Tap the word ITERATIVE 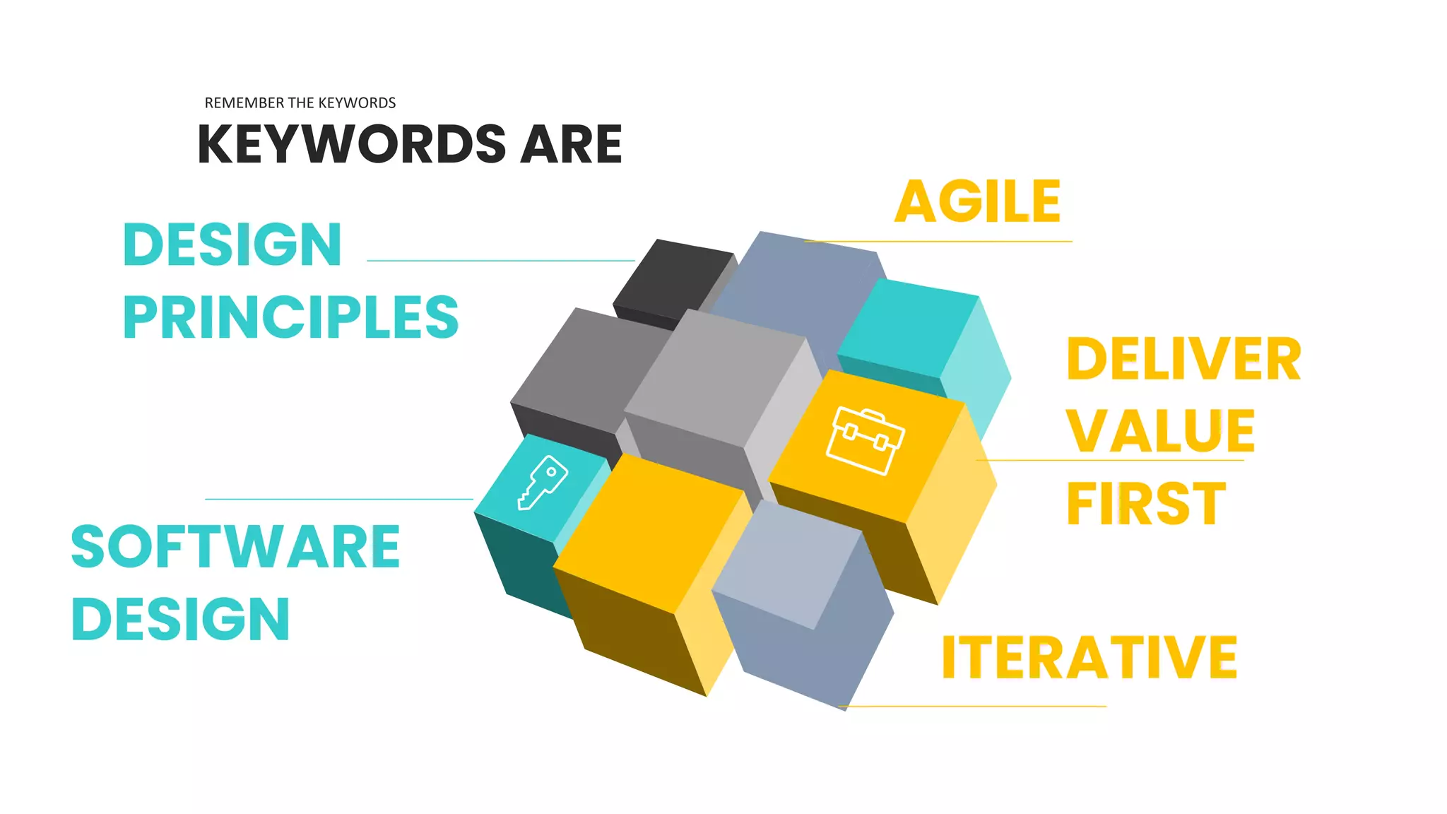tap(1089, 658)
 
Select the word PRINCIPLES tap(290, 317)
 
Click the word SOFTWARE tap(235, 547)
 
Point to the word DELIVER tap(1183, 360)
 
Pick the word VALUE tap(1160, 431)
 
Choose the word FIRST tap(1145, 504)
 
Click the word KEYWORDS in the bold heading tap(352, 145)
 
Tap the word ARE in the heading tap(571, 145)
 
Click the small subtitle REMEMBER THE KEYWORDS tap(300, 103)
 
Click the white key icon tap(543, 483)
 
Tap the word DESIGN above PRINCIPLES tap(232, 245)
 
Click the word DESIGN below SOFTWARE tap(181, 619)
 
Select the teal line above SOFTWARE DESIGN tap(339, 499)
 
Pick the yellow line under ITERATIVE tap(975, 706)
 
